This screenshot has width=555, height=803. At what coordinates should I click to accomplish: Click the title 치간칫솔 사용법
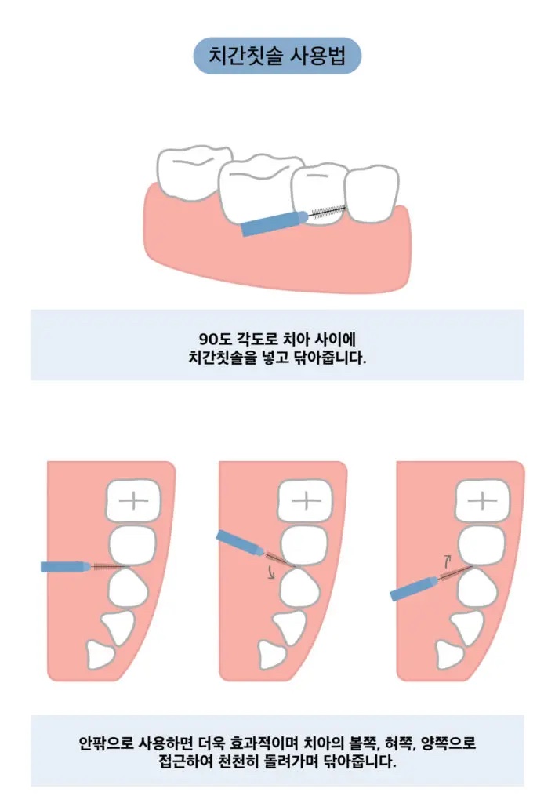[x=277, y=56]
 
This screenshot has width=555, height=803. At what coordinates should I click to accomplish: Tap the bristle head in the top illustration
[x=328, y=212]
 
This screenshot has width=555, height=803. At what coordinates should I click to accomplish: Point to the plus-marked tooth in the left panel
[x=133, y=500]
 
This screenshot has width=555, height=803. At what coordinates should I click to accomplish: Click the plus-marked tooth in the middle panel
[x=305, y=500]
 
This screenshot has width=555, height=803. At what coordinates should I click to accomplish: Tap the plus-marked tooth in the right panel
[x=482, y=500]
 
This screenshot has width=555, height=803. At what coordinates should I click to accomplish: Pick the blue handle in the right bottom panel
[x=415, y=588]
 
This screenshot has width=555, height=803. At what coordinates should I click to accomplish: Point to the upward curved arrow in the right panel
[x=447, y=560]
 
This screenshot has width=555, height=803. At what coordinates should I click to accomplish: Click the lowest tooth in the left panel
[x=100, y=655]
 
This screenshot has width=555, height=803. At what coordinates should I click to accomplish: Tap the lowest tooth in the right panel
[x=448, y=655]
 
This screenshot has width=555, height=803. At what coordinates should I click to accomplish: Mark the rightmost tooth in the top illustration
[x=372, y=194]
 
